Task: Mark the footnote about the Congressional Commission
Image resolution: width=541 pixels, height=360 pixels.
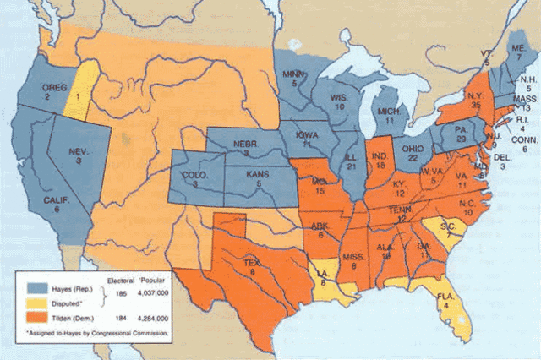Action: click(x=97, y=334)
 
